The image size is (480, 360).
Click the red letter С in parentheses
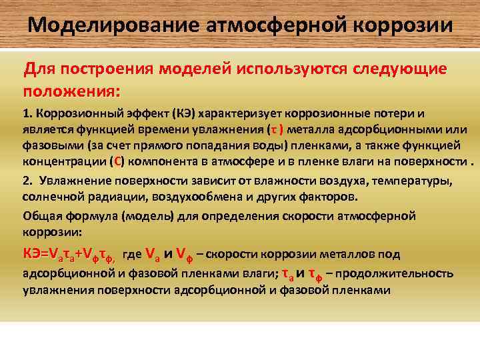click(x=117, y=162)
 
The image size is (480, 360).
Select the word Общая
click(x=39, y=215)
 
